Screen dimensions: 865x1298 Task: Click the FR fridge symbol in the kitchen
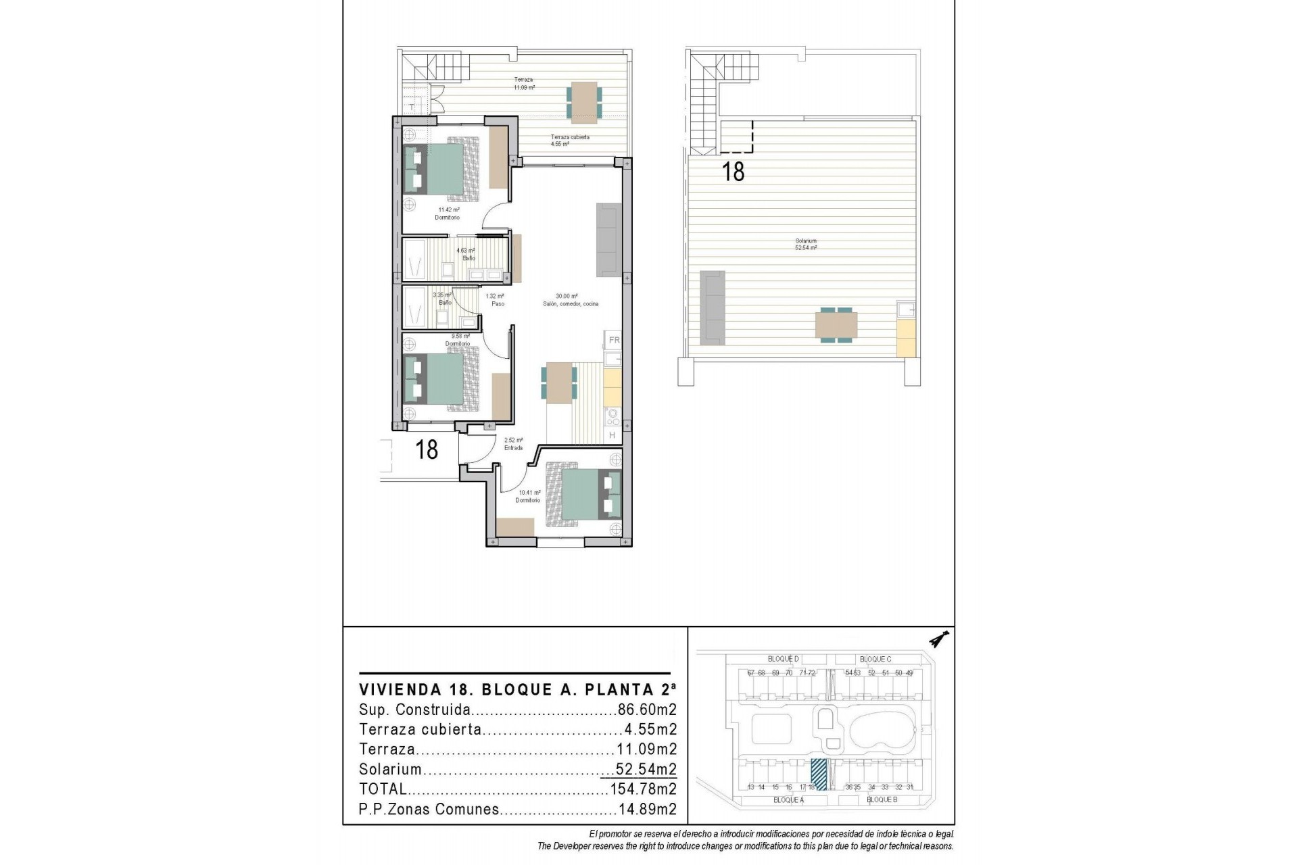(x=614, y=340)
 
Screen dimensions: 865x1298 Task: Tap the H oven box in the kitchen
(x=612, y=435)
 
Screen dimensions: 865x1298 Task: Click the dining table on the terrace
(x=583, y=102)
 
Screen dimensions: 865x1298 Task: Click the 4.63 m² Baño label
(x=466, y=254)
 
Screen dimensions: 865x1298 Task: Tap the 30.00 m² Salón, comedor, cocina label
(x=570, y=300)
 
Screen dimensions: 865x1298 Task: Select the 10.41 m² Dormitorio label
(x=528, y=496)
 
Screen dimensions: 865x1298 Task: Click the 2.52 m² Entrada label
(x=513, y=443)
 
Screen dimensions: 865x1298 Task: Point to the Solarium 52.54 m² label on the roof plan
(x=806, y=244)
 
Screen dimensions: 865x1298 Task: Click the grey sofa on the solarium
(x=712, y=305)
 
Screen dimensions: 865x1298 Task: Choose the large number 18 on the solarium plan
(x=734, y=172)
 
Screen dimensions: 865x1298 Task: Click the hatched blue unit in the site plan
(x=819, y=774)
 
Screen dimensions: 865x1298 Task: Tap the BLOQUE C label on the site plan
(x=875, y=659)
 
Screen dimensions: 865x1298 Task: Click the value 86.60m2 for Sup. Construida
(x=647, y=710)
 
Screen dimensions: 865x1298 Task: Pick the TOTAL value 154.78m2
(x=643, y=789)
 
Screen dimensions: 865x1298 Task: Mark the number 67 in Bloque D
(x=751, y=673)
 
